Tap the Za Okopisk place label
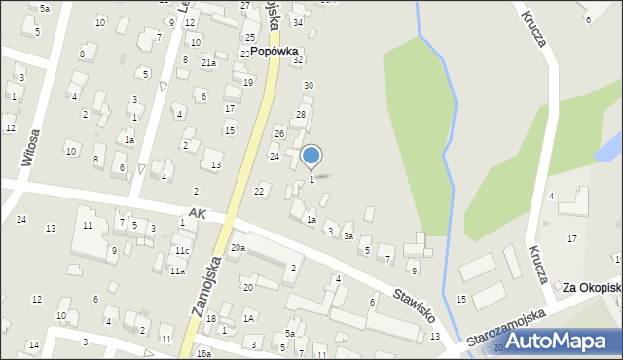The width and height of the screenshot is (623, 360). [x=592, y=288]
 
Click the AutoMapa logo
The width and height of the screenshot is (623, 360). [x=555, y=342]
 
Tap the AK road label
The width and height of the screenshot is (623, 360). [x=198, y=212]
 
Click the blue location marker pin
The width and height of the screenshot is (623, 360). [x=311, y=156]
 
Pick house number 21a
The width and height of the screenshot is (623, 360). [x=208, y=63]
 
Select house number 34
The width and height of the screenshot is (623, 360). [x=298, y=22]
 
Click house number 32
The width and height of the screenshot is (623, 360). [x=299, y=60]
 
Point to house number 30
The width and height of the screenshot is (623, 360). [x=308, y=86]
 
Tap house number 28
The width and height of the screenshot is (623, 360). [x=301, y=115]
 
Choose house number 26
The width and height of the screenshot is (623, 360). [x=279, y=133]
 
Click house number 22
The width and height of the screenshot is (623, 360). [x=260, y=191]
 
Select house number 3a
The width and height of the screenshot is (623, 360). [x=348, y=236]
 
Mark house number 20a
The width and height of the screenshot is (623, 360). [x=238, y=248]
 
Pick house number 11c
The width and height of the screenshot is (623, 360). [x=182, y=251]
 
